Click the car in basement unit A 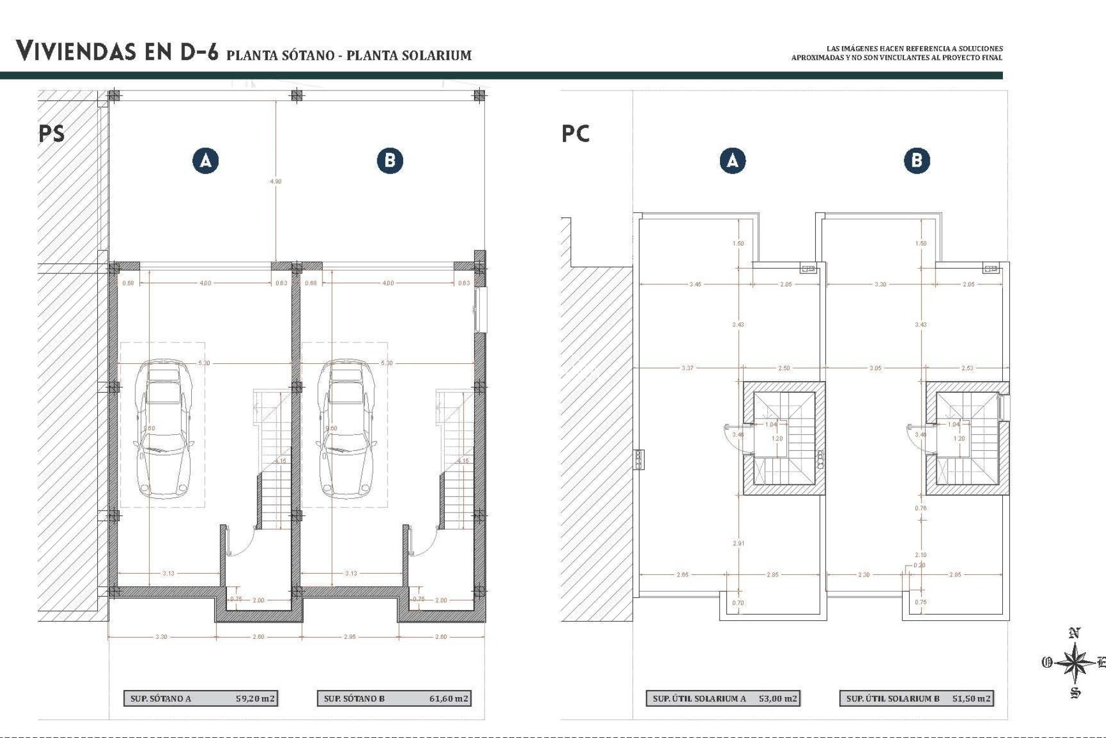point(164,430)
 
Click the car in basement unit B point(346,430)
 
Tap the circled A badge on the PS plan point(206,160)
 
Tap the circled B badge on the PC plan point(916,160)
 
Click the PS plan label point(51,134)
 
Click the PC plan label point(575,134)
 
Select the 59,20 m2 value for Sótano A point(255,698)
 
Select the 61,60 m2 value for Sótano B point(449,698)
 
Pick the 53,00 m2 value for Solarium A point(778,698)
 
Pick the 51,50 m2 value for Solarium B point(971,698)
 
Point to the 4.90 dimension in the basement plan point(276,181)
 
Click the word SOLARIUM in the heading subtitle point(437,55)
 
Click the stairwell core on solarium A point(783,438)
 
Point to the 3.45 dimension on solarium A point(695,284)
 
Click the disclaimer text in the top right point(897,53)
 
